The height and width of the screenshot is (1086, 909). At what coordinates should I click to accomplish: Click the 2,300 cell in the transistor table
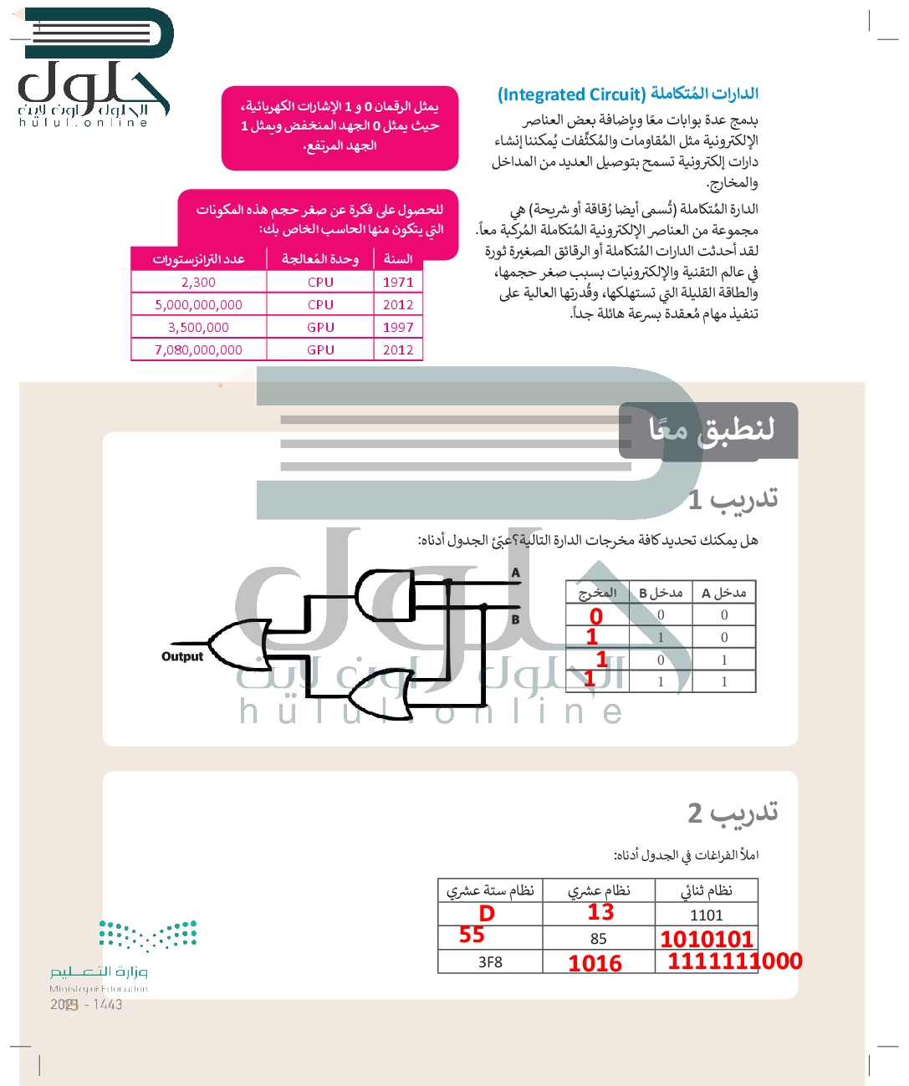(x=198, y=283)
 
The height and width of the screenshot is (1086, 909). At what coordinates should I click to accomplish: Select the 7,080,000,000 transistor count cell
(x=198, y=350)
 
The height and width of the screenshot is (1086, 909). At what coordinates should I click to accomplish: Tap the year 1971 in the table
(x=398, y=283)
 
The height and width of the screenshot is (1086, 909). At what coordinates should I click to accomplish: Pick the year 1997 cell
(x=398, y=328)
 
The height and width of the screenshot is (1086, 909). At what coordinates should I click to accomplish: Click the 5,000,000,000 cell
(x=198, y=305)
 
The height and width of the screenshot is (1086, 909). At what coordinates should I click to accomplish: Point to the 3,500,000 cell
(x=198, y=328)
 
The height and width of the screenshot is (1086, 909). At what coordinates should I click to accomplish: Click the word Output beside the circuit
(x=182, y=657)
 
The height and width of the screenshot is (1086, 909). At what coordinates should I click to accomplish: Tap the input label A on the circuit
(x=516, y=573)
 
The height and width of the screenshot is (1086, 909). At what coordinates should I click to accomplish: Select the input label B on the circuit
(x=516, y=619)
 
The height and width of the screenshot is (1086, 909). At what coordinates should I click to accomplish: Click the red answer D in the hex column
(x=487, y=914)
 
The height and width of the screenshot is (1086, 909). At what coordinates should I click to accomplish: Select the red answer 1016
(x=595, y=964)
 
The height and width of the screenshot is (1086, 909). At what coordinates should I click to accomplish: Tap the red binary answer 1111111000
(x=734, y=961)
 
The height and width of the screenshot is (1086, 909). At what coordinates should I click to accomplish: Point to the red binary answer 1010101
(x=707, y=939)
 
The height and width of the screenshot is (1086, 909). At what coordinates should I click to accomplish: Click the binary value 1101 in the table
(x=707, y=915)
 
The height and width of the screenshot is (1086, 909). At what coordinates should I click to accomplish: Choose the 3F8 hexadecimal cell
(x=490, y=962)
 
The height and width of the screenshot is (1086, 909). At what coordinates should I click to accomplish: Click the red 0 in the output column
(x=595, y=616)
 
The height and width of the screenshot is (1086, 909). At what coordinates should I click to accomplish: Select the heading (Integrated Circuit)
(x=572, y=94)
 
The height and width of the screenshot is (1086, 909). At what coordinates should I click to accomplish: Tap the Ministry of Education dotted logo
(x=148, y=936)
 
